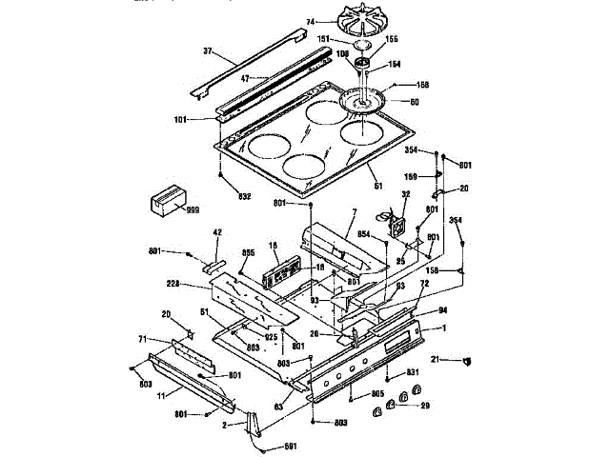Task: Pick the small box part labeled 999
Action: pos(165,202)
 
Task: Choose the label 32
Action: pos(406,195)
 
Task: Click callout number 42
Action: pos(217,232)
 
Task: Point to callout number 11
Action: pos(161,392)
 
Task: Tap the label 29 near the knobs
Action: pos(425,406)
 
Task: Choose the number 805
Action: pos(377,394)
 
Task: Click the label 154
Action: pos(393,66)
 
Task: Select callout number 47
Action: pos(245,78)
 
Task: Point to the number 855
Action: pos(249,253)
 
